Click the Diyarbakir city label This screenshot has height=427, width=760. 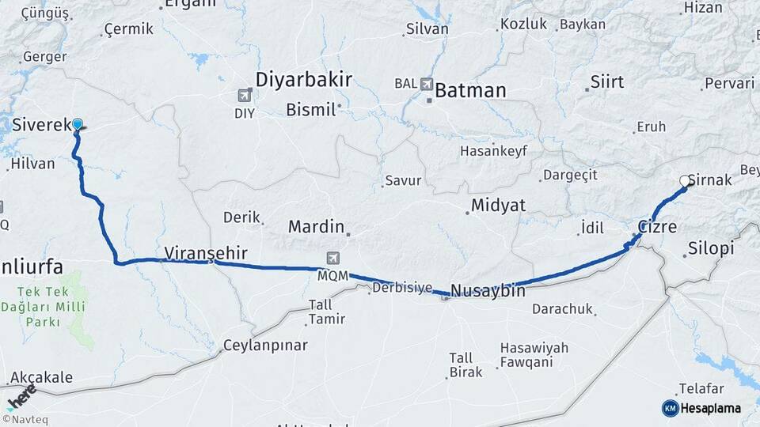pyautogui.click(x=303, y=79)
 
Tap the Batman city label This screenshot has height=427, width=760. pyautogui.click(x=470, y=90)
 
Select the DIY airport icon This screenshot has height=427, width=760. pyautogui.click(x=244, y=96)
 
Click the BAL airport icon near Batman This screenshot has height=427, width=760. pyautogui.click(x=427, y=83)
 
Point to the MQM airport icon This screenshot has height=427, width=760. pyautogui.click(x=333, y=259)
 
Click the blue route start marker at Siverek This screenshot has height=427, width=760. pyautogui.click(x=78, y=123)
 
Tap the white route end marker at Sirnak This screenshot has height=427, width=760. pyautogui.click(x=685, y=181)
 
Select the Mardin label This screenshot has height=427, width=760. pyautogui.click(x=316, y=227)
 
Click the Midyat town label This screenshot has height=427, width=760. pyautogui.click(x=498, y=206)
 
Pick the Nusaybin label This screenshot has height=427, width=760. pyautogui.click(x=487, y=290)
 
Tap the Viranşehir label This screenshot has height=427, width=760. pyautogui.click(x=206, y=253)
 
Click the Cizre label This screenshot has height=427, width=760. pyautogui.click(x=657, y=227)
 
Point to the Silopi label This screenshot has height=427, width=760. pyautogui.click(x=711, y=248)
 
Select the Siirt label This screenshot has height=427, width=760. pyautogui.click(x=607, y=82)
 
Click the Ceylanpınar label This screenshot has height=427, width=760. pyautogui.click(x=265, y=346)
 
